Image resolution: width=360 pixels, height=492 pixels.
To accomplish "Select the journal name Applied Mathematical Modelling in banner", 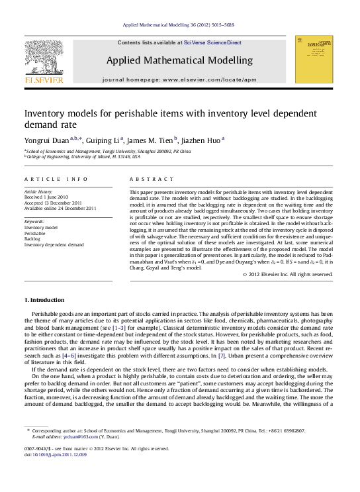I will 179,60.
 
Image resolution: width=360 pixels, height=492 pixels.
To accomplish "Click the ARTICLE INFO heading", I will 56,179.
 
